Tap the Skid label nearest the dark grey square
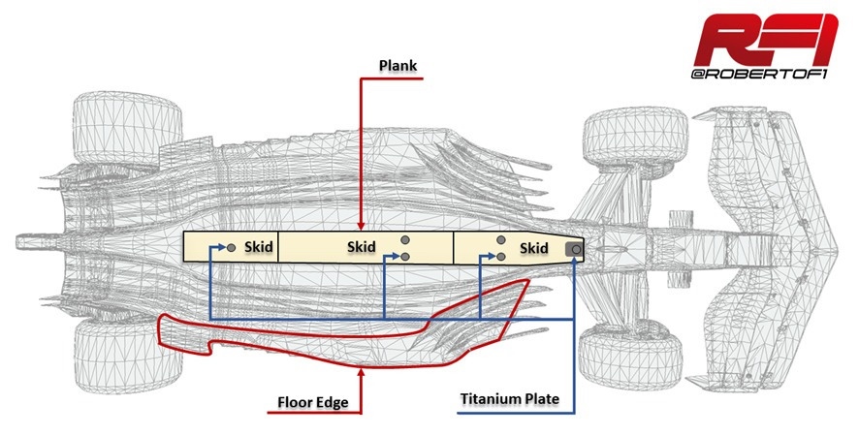pyautogui.click(x=533, y=248)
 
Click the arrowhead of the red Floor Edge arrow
pyautogui.click(x=361, y=372)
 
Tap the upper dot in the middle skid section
pyautogui.click(x=405, y=239)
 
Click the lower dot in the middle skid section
pyautogui.click(x=405, y=257)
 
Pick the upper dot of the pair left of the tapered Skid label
pyautogui.click(x=500, y=239)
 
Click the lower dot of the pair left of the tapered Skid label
pyautogui.click(x=500, y=257)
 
